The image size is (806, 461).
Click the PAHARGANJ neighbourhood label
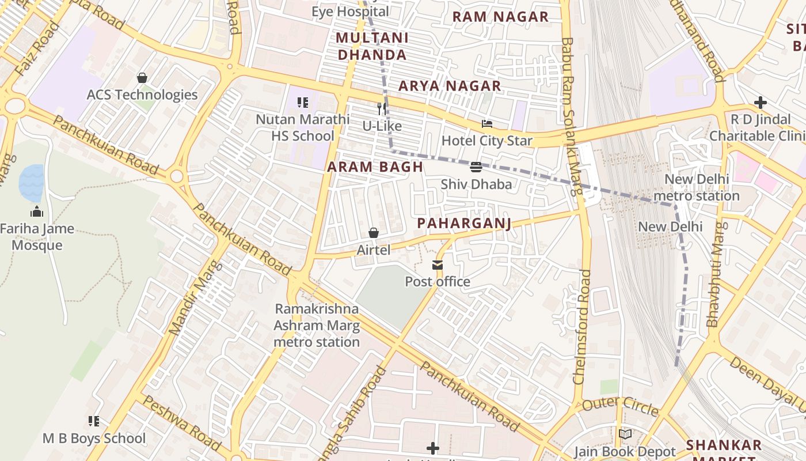(464, 223)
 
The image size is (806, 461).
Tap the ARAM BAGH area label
(375, 167)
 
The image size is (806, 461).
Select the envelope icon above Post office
(438, 265)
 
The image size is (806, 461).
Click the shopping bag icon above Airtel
(374, 233)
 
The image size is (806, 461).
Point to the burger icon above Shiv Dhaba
(476, 167)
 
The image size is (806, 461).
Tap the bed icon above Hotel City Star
(487, 124)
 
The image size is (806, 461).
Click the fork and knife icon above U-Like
(382, 109)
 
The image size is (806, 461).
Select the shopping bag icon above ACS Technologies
(142, 78)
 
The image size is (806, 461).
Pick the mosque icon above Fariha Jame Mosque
(37, 211)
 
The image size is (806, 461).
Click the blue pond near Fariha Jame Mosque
(31, 182)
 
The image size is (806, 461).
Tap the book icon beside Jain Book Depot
(625, 434)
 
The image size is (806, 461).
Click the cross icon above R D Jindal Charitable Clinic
(761, 103)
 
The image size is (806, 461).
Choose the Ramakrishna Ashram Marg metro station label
(316, 326)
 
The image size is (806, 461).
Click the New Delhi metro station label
(697, 187)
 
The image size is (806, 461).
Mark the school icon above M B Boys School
(94, 421)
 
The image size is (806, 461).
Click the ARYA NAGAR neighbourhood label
(450, 86)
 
